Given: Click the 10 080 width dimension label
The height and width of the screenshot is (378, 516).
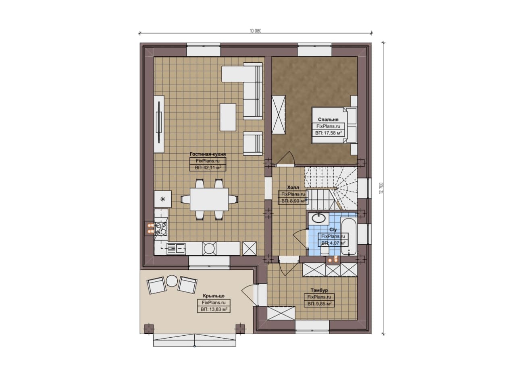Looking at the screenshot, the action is (x=256, y=31).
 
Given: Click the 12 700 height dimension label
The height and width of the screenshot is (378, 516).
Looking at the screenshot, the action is (x=381, y=188).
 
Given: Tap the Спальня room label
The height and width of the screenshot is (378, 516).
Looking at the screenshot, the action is (x=328, y=120).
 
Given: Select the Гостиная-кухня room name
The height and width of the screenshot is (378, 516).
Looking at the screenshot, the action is (x=208, y=154).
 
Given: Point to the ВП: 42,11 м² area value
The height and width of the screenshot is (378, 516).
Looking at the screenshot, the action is (x=208, y=167).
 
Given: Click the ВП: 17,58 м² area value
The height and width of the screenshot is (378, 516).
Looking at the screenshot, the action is (x=328, y=133).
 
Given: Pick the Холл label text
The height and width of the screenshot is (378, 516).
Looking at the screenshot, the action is (x=293, y=187).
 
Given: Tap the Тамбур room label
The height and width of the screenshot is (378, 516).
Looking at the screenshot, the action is (x=319, y=290).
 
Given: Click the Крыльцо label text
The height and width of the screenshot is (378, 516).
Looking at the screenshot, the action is (x=214, y=296).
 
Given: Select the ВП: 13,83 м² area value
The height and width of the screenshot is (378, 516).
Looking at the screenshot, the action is (x=214, y=310).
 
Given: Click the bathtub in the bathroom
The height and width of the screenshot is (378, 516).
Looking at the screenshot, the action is (x=349, y=237).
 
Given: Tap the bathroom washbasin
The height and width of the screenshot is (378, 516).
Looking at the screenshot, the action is (x=319, y=218).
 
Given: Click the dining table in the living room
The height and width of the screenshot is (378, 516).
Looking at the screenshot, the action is (x=209, y=199).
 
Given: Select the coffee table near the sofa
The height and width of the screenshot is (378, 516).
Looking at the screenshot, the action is (x=228, y=117).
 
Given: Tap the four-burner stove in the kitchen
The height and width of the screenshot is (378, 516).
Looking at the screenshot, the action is (x=161, y=229).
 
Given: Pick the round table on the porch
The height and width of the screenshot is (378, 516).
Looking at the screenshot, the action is (x=171, y=281).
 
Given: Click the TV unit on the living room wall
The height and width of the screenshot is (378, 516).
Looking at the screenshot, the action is (x=159, y=124).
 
